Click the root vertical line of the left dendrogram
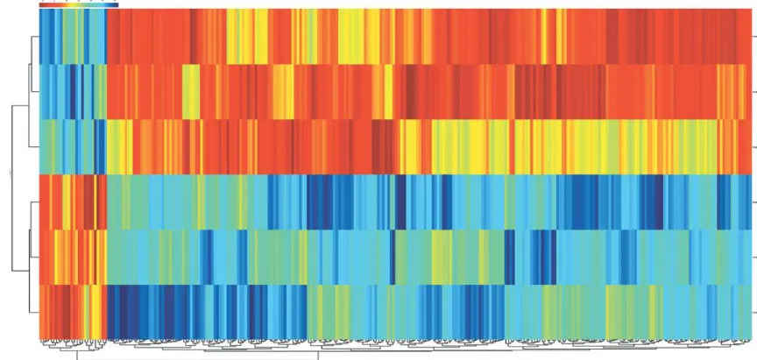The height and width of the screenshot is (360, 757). [11, 175]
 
